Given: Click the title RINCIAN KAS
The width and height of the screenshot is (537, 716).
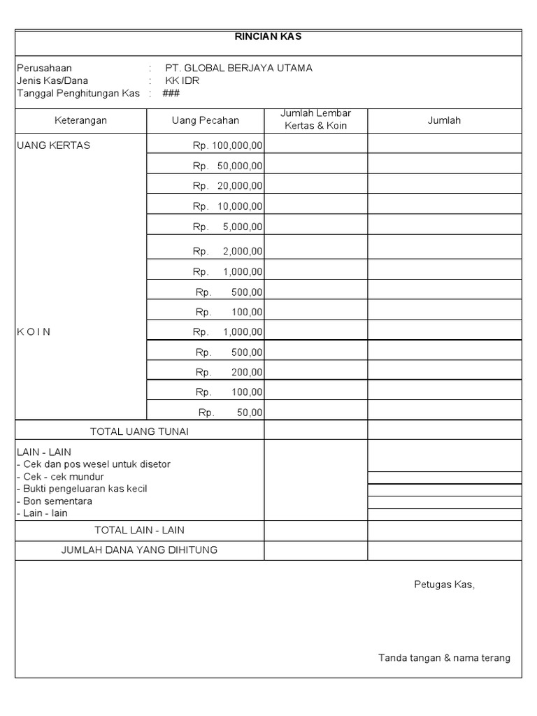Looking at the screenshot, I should click(268, 37).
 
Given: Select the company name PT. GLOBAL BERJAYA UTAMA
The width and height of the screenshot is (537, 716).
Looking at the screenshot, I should click(238, 68).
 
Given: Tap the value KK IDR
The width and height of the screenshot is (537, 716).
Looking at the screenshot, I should click(182, 80).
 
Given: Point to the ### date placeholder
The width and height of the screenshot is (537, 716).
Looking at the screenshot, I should click(171, 93).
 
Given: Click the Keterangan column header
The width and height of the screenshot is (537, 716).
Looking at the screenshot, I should click(80, 120).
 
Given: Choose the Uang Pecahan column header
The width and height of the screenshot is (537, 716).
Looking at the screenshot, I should click(205, 120).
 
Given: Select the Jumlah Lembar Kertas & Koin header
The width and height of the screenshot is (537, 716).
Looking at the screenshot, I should click(315, 120).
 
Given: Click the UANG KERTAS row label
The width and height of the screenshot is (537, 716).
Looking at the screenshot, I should click(53, 145).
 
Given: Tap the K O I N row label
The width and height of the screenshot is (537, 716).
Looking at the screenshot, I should click(34, 331).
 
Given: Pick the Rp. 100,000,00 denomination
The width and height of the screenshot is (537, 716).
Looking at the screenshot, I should click(228, 146).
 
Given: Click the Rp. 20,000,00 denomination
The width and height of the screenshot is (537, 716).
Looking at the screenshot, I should click(228, 185).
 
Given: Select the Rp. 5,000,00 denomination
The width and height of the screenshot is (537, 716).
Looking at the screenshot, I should click(228, 227).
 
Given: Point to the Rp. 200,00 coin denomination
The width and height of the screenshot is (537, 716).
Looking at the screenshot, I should click(229, 372).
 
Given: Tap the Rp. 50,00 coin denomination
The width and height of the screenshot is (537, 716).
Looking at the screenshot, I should click(230, 413).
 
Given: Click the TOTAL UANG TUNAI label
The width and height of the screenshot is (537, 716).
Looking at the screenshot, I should click(139, 431).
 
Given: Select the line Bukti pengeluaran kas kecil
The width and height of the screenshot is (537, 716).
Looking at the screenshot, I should click(82, 489).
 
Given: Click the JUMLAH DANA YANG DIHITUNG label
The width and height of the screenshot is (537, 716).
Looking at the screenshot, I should click(139, 550).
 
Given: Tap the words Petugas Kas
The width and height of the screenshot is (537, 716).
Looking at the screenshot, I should click(444, 585).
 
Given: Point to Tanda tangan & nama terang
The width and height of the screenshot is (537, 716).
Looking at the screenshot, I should click(444, 657).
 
